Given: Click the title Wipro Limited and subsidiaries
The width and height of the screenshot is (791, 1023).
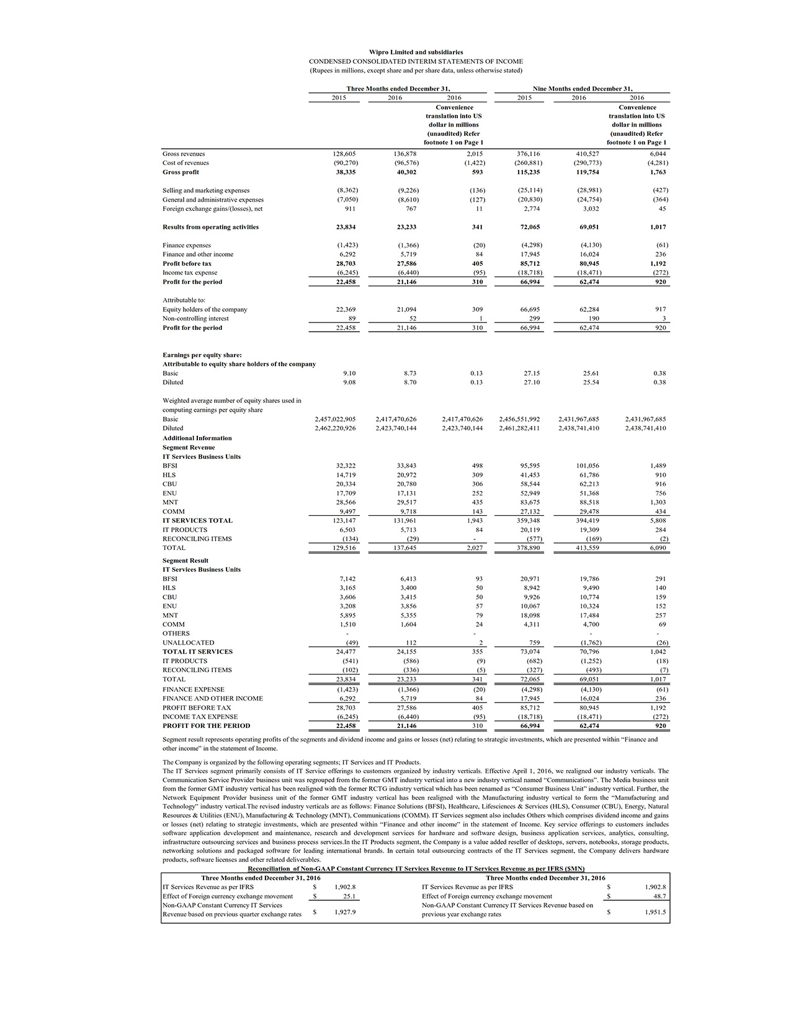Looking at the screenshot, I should [x=416, y=52].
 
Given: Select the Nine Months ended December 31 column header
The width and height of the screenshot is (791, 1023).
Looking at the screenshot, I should [x=582, y=89].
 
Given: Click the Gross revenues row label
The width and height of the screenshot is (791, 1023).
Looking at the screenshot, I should [x=184, y=154].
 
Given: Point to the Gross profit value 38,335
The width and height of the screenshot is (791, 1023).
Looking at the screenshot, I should [x=347, y=172].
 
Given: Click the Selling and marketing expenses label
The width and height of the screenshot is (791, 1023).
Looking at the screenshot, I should [x=206, y=190].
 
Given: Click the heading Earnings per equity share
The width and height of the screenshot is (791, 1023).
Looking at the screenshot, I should [x=202, y=355].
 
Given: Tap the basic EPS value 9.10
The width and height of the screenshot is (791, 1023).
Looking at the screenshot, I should [x=350, y=373].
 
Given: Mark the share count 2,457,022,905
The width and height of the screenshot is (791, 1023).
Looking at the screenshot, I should [x=336, y=419].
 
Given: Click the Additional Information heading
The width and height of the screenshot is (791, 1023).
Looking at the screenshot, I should [x=197, y=438].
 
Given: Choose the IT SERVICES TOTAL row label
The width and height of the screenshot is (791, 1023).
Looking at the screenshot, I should [x=198, y=521].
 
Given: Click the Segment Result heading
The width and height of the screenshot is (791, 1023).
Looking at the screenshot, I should [x=185, y=560].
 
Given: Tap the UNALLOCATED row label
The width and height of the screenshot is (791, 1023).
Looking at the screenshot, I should [x=189, y=643].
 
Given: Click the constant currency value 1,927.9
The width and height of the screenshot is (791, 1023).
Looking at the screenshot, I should [x=345, y=912].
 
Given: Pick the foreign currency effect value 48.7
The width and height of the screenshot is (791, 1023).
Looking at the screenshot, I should [x=659, y=897].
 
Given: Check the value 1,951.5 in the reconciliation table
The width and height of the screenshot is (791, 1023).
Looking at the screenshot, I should [x=656, y=912].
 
